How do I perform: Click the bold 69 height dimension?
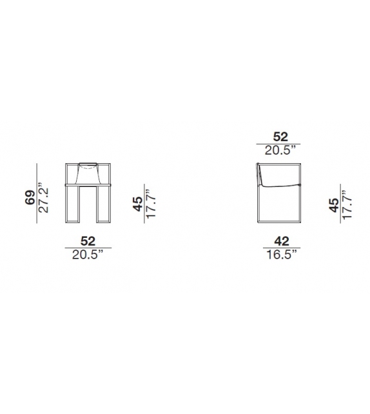(x=30, y=197)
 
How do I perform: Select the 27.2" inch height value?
(x=43, y=197)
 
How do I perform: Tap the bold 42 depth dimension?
(x=282, y=241)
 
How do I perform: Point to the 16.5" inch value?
(x=282, y=255)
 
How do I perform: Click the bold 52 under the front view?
(x=88, y=241)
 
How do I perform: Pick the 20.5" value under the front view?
(x=88, y=255)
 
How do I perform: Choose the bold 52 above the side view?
(x=280, y=137)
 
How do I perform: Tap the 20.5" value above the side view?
(x=280, y=150)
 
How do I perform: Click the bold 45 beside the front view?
(x=137, y=204)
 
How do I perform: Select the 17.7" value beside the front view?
(x=151, y=204)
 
